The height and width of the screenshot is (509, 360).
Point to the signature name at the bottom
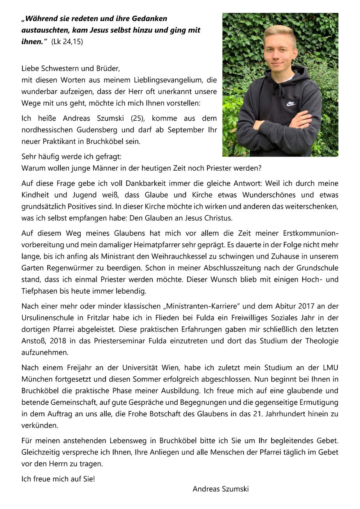pyautogui.click(x=221, y=489)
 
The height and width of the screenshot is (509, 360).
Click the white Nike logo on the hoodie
pyautogui.click(x=291, y=104)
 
